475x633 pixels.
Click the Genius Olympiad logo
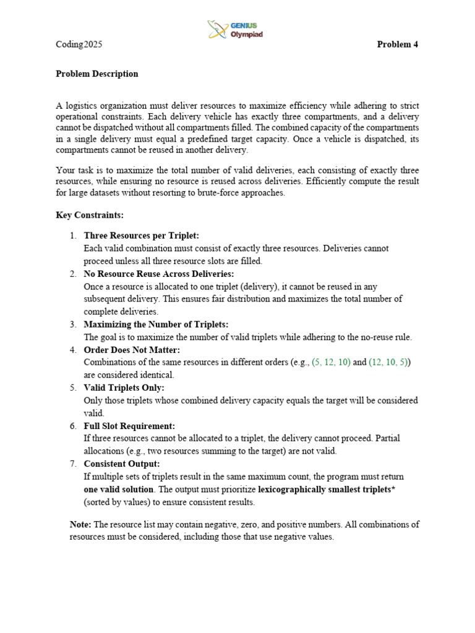click(x=235, y=30)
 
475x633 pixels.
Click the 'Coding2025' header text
click(x=79, y=45)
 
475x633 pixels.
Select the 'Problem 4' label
click(x=398, y=45)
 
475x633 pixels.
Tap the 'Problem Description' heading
click(x=97, y=74)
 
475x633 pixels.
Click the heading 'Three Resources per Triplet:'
click(x=142, y=236)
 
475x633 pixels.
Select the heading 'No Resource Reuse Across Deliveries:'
click(x=158, y=274)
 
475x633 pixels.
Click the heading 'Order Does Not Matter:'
click(x=132, y=350)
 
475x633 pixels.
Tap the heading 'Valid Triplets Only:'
click(x=124, y=388)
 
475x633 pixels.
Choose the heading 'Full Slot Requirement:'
click(x=129, y=426)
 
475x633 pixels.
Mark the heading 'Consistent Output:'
click(x=122, y=464)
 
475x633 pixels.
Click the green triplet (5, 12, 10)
click(x=331, y=362)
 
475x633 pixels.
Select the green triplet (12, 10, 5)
click(x=388, y=362)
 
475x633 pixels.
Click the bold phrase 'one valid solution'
click(x=119, y=489)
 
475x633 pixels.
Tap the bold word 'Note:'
click(x=81, y=524)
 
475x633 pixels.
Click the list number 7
click(x=72, y=464)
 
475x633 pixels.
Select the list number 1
click(x=72, y=236)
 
